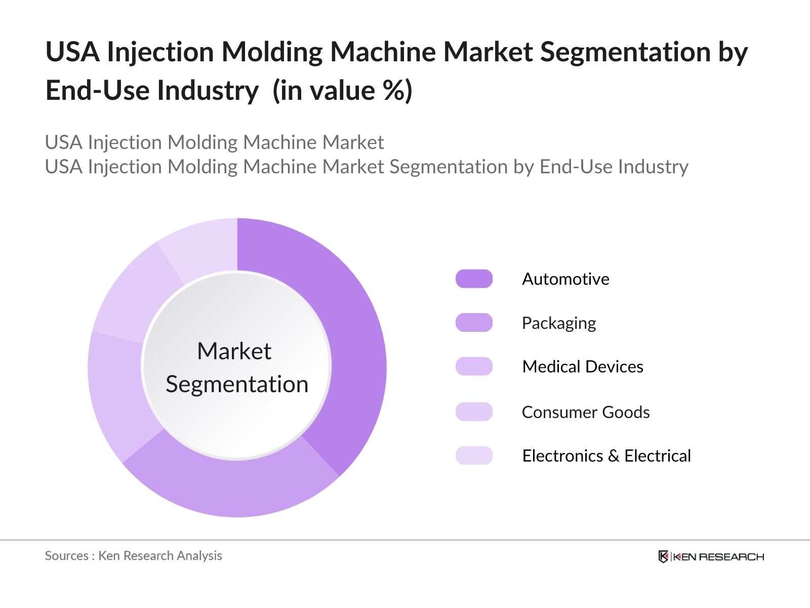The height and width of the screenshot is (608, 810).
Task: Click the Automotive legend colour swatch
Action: [x=474, y=279]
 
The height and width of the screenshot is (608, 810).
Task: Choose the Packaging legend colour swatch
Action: [x=474, y=323]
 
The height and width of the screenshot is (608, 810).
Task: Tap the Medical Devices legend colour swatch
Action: [x=474, y=366]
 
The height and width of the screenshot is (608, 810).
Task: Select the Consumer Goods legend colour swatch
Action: [x=474, y=412]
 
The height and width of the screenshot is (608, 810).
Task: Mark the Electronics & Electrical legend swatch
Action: [x=474, y=455]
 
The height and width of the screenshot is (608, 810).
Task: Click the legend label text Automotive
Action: [x=565, y=279]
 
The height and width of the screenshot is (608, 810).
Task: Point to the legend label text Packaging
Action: [x=559, y=323]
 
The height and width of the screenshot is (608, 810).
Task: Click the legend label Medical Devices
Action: [x=582, y=366]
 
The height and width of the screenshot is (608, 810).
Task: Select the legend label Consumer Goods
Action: [x=586, y=412]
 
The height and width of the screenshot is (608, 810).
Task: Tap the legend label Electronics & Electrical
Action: [x=606, y=455]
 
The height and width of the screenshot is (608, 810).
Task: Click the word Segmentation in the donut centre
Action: [x=237, y=384]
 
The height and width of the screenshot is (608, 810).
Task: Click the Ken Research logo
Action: [x=711, y=557]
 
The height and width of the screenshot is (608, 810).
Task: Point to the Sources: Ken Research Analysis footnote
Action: [x=133, y=556]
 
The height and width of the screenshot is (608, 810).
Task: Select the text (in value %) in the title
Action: [x=342, y=90]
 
